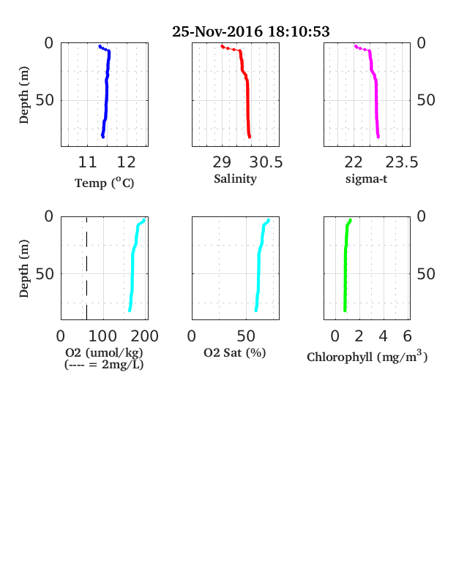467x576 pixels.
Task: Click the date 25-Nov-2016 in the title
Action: [217, 31]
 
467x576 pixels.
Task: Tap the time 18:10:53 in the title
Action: [299, 31]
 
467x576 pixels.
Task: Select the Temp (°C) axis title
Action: [105, 183]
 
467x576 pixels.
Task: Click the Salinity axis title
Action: [236, 178]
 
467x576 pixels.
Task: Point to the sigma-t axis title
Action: [366, 179]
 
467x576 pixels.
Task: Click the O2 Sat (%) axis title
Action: [235, 352]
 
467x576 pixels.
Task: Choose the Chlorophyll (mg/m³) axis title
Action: [367, 356]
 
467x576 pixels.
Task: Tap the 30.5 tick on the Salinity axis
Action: [266, 162]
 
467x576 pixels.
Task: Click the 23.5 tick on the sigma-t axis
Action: [402, 162]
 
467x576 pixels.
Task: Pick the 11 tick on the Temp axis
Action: [88, 162]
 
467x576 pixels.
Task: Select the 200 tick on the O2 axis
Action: [145, 336]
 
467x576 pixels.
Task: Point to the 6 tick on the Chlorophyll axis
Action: [408, 336]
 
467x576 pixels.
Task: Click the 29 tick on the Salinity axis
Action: [222, 162]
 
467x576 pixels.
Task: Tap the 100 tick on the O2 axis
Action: [103, 336]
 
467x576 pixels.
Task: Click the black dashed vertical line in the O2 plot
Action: [87, 268]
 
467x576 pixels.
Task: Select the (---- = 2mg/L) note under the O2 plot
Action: [104, 365]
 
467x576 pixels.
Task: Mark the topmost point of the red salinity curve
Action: [222, 46]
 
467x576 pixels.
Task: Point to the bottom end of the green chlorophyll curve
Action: [345, 311]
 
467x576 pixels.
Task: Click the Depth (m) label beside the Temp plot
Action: [24, 95]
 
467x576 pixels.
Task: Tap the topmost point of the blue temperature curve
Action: [100, 47]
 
